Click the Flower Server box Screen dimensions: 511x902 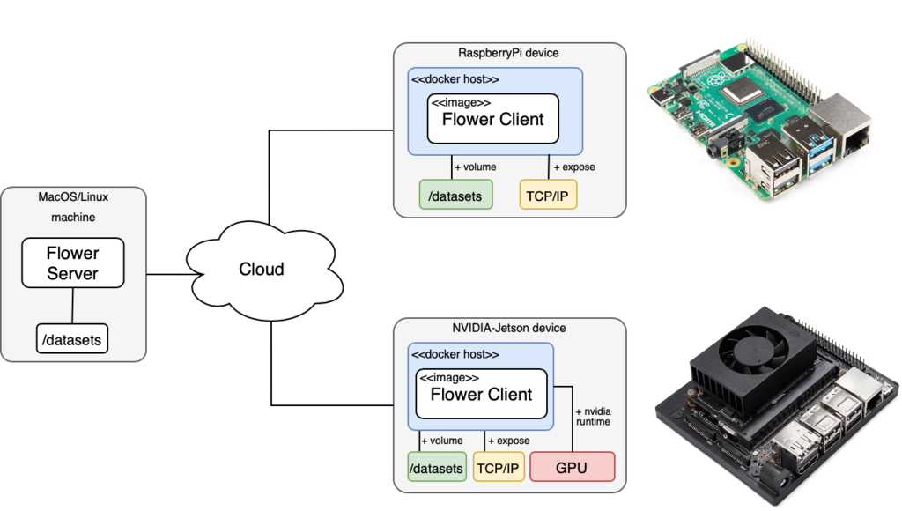[x=72, y=263]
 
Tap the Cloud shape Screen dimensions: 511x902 [x=262, y=269]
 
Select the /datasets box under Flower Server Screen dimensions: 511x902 [x=72, y=338]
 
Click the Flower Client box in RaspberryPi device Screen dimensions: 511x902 [x=492, y=119]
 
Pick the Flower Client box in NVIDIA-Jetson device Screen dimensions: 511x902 [x=481, y=394]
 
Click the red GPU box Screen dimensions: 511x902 [x=571, y=467]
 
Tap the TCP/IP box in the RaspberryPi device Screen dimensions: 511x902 [x=548, y=196]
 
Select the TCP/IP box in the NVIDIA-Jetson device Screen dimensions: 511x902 [x=498, y=468]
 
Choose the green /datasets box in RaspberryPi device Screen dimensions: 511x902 [x=455, y=196]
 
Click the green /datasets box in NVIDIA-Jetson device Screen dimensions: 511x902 [x=437, y=468]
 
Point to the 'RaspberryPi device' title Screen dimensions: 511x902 [x=507, y=53]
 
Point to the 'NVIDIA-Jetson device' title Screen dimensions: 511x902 [x=507, y=328]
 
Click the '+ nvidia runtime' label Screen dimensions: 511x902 [x=593, y=416]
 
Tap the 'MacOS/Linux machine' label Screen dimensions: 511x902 [x=72, y=206]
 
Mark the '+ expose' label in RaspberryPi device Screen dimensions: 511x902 [x=573, y=167]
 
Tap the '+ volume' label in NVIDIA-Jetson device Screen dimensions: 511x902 [x=441, y=440]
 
